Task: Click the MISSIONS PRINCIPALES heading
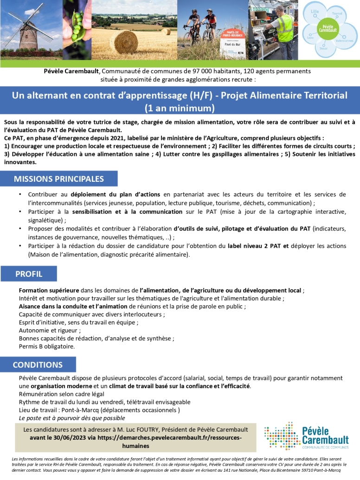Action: [x=59, y=179]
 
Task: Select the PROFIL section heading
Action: [x=29, y=274]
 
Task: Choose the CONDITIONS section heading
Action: [x=38, y=365]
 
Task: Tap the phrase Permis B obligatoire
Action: [x=47, y=346]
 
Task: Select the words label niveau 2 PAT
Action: [x=259, y=246]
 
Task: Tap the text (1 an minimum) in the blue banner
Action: [x=179, y=108]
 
